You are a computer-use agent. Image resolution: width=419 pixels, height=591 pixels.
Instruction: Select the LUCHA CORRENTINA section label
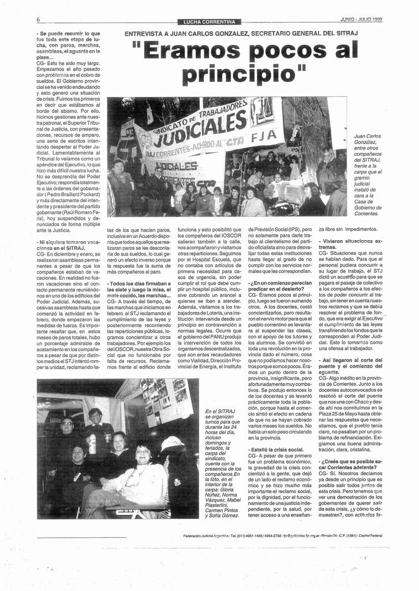point(209,22)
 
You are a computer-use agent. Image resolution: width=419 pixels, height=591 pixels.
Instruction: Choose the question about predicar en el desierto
point(280,286)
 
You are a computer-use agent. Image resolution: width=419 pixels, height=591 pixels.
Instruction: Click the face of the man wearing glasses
point(66,423)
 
